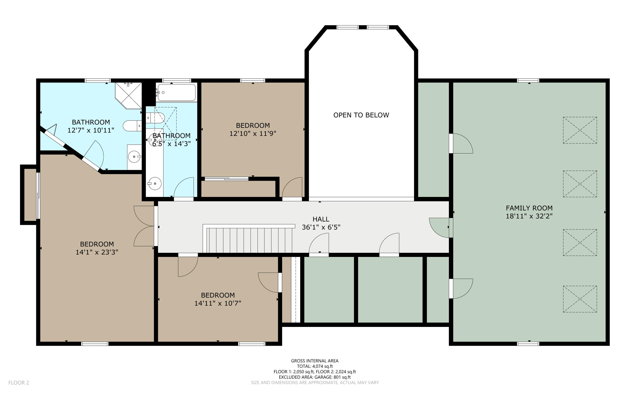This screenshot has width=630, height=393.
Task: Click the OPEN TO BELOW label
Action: tap(361, 115)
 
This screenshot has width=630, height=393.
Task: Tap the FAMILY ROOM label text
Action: tap(529, 208)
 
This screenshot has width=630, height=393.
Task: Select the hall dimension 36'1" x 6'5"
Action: tap(321, 227)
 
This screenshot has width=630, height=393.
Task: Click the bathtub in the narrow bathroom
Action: tap(176, 92)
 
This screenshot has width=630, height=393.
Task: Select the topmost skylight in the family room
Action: tap(580, 130)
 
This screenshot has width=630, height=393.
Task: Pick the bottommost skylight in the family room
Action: tap(580, 299)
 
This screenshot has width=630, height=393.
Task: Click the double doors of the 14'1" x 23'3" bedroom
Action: tap(144, 226)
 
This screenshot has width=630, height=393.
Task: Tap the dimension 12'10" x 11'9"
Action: tap(253, 134)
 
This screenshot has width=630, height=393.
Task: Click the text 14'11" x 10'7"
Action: tap(218, 304)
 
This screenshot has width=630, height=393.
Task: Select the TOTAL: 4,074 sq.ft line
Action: tap(315, 366)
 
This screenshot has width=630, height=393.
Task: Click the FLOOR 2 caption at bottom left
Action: tap(19, 383)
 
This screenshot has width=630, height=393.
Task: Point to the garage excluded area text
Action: tap(315, 377)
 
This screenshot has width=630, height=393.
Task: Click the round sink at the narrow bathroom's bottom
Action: tap(155, 184)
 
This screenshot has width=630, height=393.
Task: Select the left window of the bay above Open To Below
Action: tap(348, 27)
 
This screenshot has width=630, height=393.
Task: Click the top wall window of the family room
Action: tap(528, 81)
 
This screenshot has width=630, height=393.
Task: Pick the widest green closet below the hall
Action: tap(390, 289)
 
